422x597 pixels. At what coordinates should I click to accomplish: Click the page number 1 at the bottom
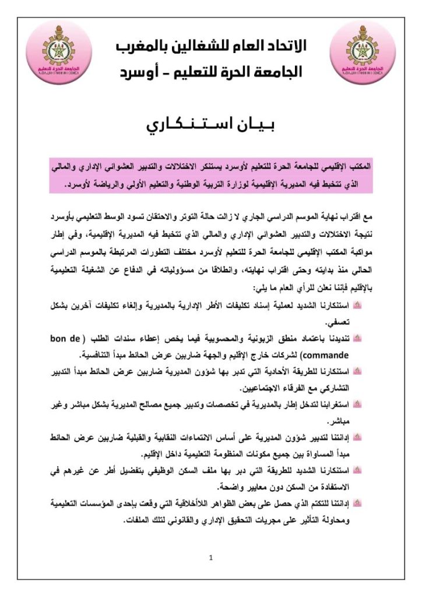tap(211, 558)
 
